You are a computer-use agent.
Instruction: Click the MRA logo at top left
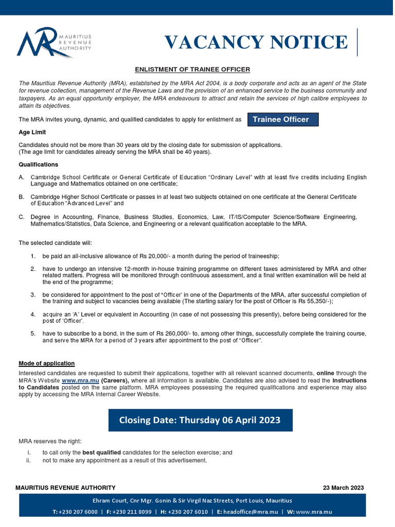tap(53, 42)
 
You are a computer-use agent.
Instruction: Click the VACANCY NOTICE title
tap(256, 42)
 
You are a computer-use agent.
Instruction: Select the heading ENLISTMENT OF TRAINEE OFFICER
tap(192, 69)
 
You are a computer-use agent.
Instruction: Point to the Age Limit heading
tap(33, 132)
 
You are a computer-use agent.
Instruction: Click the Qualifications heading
tap(39, 165)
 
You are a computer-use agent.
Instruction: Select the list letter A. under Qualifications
tap(22, 178)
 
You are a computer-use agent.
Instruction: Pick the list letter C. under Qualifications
tap(22, 217)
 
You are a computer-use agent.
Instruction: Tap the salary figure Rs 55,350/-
tap(314, 302)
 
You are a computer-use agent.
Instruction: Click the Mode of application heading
tap(46, 363)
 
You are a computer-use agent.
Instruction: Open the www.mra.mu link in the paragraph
tap(80, 380)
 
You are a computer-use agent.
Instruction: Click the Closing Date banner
tap(200, 420)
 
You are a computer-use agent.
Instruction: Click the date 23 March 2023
tap(343, 488)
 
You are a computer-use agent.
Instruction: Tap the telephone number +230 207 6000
tap(78, 512)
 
